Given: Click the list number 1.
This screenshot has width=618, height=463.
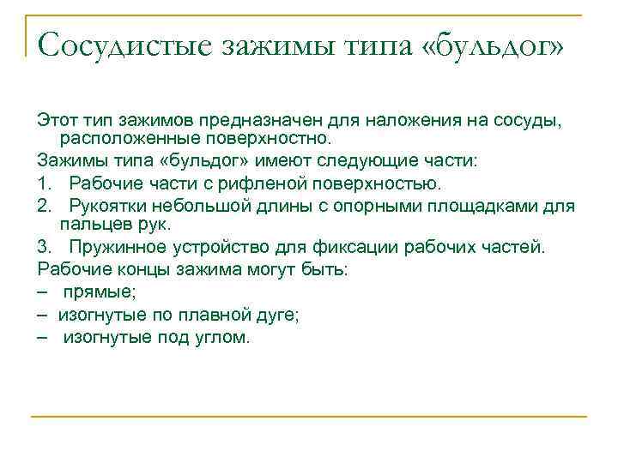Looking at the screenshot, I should click(43, 183).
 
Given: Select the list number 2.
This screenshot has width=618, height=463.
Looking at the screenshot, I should click(44, 207).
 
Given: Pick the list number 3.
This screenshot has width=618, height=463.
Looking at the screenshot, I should click(44, 248).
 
